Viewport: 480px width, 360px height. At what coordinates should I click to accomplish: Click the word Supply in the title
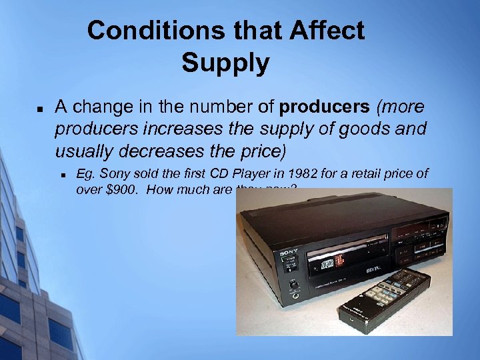coord(225,63)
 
